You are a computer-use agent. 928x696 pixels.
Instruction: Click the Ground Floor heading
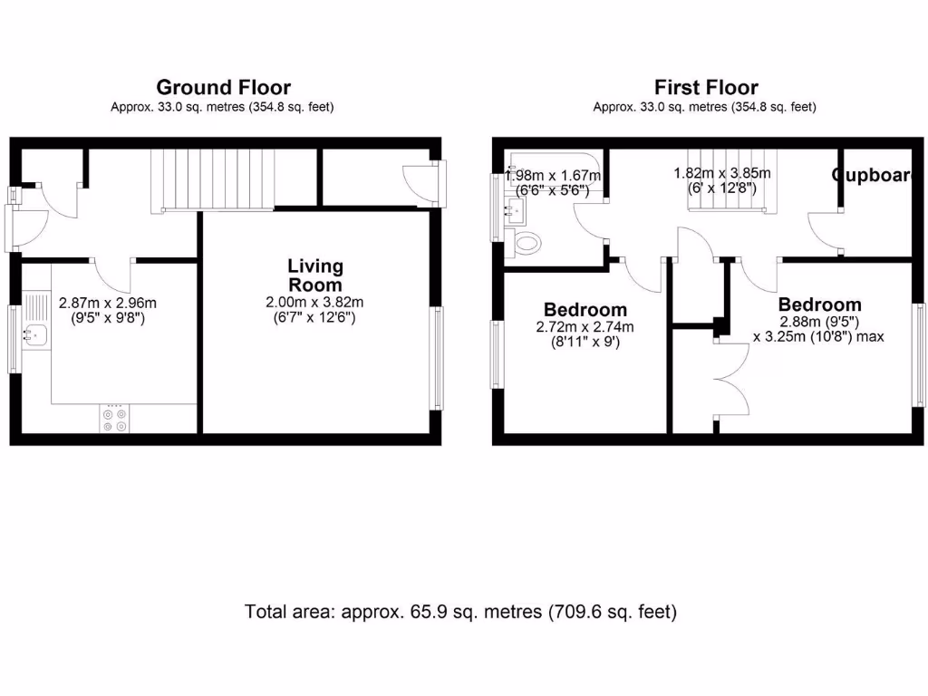[x=223, y=88]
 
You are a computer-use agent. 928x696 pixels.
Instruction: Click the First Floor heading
[x=706, y=88]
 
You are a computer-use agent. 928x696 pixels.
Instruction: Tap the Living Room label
[x=315, y=275]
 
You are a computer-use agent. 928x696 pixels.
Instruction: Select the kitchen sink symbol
[x=36, y=334]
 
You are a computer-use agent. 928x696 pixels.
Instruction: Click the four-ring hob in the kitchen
[x=115, y=419]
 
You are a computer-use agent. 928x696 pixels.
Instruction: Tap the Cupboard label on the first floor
[x=871, y=176]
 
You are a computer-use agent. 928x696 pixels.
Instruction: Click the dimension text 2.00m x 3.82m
[x=315, y=303]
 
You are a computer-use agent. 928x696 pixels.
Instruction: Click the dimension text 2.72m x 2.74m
[x=585, y=328]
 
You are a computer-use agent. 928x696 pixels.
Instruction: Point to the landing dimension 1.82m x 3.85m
[x=721, y=173]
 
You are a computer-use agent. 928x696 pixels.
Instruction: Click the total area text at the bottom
[x=460, y=612]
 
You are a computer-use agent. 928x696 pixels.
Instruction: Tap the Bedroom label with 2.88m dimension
[x=819, y=304]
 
